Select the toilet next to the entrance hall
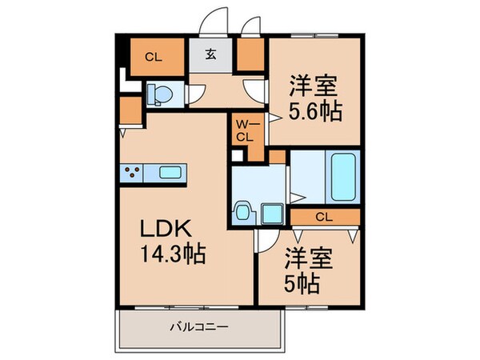[158, 94]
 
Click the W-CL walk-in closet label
[246, 130]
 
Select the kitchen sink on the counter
[170, 172]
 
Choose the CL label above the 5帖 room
[324, 217]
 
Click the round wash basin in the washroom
[242, 212]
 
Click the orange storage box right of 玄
[250, 54]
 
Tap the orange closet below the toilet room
[129, 112]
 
